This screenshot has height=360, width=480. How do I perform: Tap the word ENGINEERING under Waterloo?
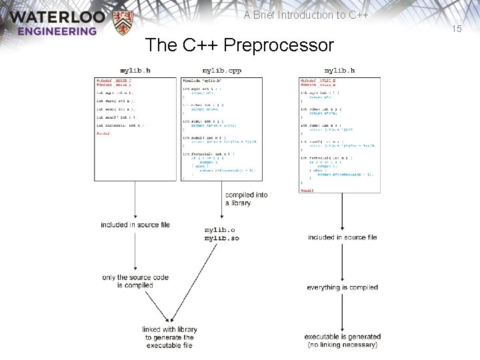click(x=57, y=31)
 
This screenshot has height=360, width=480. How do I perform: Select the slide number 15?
click(x=457, y=29)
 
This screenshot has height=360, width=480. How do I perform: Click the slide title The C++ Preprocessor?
click(x=239, y=45)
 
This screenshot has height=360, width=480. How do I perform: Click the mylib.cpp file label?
click(x=221, y=70)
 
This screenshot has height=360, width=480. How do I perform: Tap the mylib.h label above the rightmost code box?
click(x=339, y=70)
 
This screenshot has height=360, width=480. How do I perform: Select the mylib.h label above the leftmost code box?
click(x=135, y=70)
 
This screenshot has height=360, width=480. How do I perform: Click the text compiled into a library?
click(x=246, y=199)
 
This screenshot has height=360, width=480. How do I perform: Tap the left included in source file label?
click(x=135, y=225)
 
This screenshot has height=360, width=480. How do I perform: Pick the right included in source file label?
click(x=343, y=237)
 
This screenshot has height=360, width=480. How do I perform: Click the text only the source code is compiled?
click(x=127, y=281)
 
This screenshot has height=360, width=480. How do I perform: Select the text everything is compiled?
click(x=343, y=287)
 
